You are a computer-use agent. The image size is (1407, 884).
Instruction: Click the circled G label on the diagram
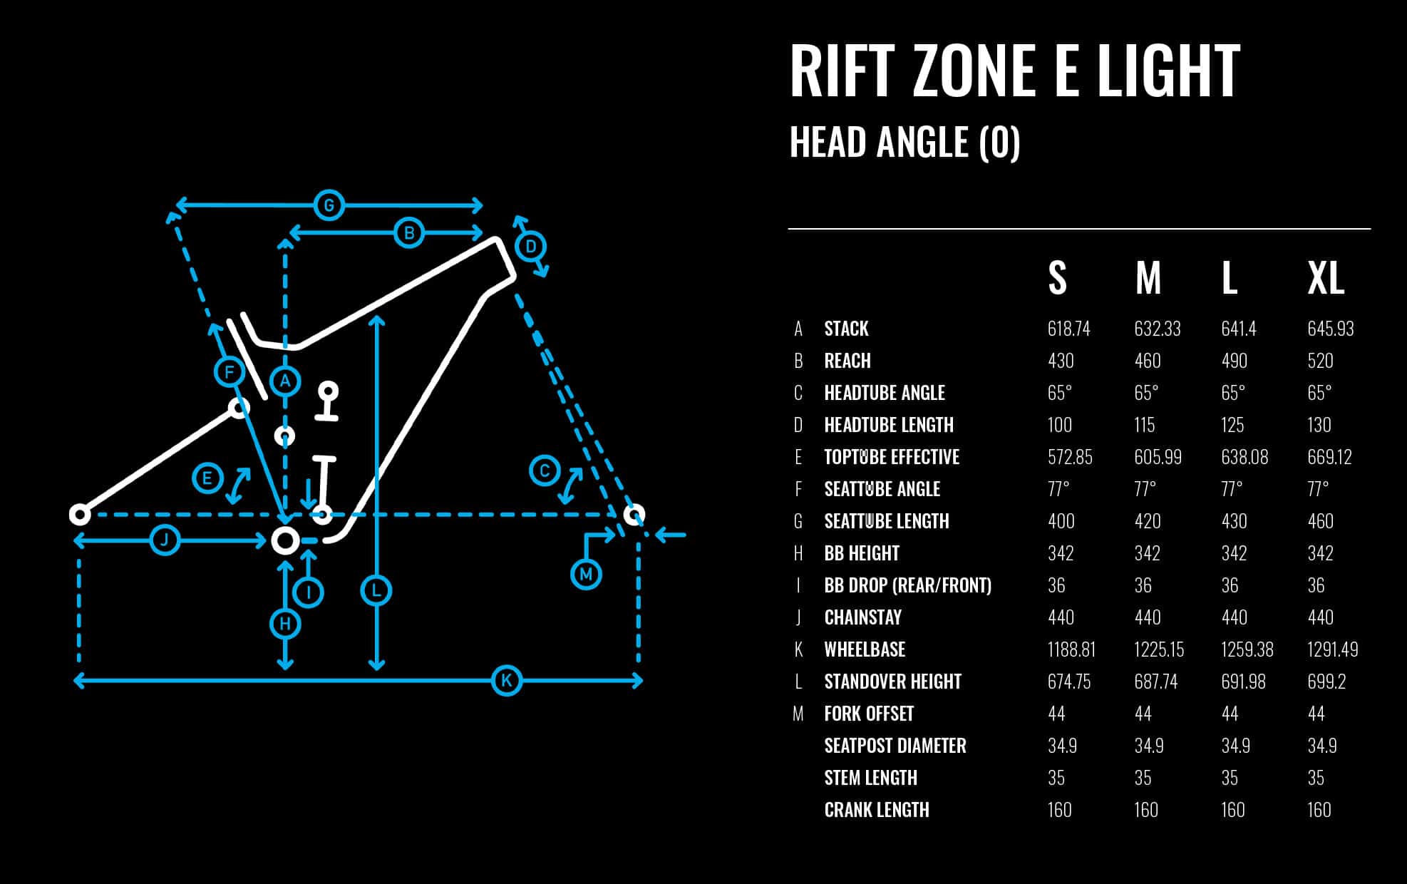329,206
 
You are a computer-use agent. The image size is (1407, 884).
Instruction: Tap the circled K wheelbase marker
507,680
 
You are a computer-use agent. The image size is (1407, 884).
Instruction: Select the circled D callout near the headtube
531,247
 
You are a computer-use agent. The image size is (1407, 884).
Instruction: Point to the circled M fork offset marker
586,574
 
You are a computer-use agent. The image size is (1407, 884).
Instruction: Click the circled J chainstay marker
165,540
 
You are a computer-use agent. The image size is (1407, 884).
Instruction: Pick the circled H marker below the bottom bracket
285,624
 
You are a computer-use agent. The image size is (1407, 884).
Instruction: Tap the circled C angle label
545,471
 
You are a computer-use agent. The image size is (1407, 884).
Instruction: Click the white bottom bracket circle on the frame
285,540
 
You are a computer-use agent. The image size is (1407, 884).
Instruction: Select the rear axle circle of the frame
80,514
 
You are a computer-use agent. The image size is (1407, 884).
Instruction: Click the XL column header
1326,278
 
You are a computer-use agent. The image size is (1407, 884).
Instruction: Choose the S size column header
1057,278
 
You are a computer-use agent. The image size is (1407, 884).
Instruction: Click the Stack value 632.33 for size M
1157,329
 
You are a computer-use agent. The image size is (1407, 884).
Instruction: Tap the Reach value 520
1320,361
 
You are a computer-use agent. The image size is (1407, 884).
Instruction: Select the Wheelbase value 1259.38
1247,649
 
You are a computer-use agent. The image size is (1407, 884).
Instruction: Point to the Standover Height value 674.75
1069,682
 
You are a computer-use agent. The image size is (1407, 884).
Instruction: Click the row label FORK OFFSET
869,714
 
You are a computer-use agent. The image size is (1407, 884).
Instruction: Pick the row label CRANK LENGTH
877,810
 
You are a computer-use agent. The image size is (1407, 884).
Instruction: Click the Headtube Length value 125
1232,425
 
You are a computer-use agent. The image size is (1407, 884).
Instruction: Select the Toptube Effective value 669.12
1329,457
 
